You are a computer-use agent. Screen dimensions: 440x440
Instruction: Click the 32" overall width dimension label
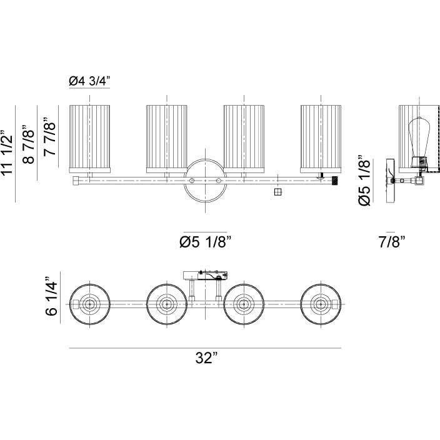pyautogui.click(x=206, y=357)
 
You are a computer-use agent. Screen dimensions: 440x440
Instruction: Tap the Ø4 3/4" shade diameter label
pyautogui.click(x=89, y=81)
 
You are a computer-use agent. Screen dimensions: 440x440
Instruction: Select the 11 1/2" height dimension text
pyautogui.click(x=7, y=153)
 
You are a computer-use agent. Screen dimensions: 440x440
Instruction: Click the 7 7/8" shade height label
pyautogui.click(x=49, y=136)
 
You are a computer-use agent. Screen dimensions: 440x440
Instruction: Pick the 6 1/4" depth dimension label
pyautogui.click(x=51, y=296)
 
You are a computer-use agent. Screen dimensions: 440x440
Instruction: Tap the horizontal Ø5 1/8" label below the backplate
pyautogui.click(x=206, y=241)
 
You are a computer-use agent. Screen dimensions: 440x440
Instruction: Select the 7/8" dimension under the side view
pyautogui.click(x=392, y=242)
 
